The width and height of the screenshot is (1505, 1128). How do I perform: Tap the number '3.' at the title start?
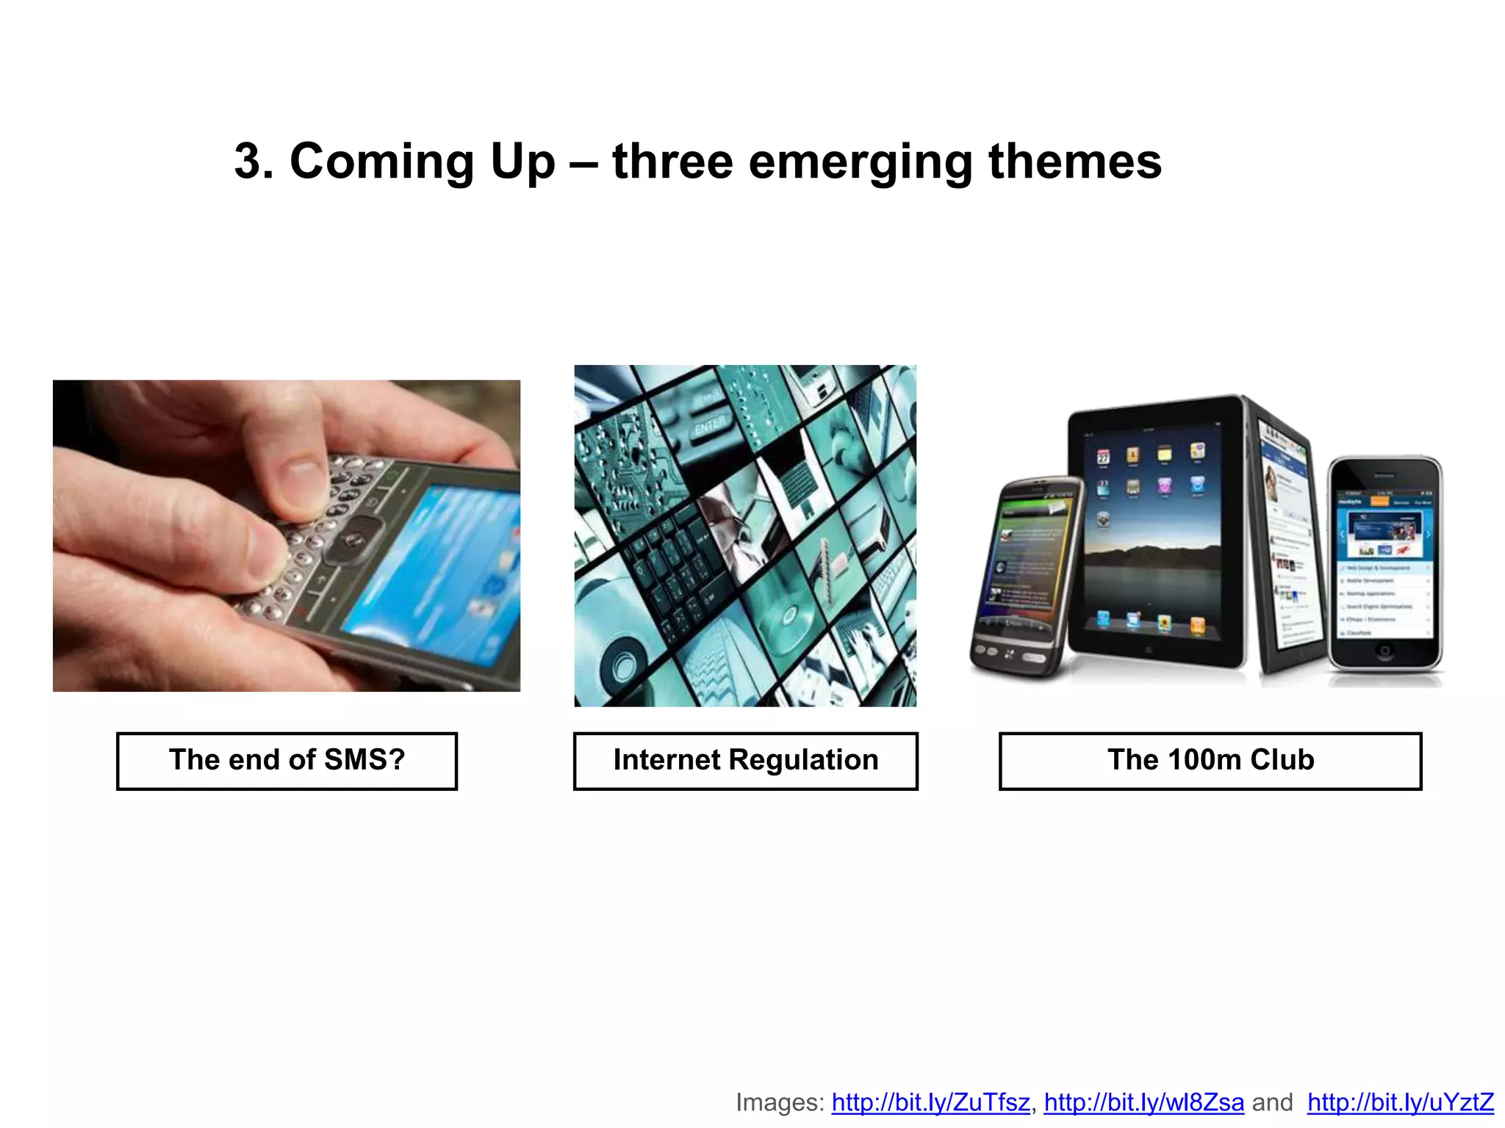point(254,162)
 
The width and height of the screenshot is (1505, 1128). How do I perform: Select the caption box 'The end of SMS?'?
point(287,761)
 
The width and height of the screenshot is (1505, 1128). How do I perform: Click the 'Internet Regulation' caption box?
point(745,761)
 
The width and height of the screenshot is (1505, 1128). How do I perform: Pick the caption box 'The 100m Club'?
point(1210,761)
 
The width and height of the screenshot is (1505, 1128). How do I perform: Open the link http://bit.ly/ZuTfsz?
point(930,1102)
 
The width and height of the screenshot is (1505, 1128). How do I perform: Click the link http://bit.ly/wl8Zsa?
point(1143,1102)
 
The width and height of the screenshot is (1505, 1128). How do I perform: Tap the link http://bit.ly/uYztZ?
point(1400,1102)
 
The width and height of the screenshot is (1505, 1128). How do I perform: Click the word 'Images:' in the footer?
point(780,1102)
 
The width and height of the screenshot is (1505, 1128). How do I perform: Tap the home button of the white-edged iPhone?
point(1384,651)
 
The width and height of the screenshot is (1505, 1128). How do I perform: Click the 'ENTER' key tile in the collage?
point(710,425)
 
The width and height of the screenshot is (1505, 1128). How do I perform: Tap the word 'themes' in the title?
point(1074,162)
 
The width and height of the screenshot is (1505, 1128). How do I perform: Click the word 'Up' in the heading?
point(522,162)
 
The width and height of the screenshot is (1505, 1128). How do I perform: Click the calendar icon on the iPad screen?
point(1103,458)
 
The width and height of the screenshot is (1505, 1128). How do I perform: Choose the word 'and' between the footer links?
point(1272,1102)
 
